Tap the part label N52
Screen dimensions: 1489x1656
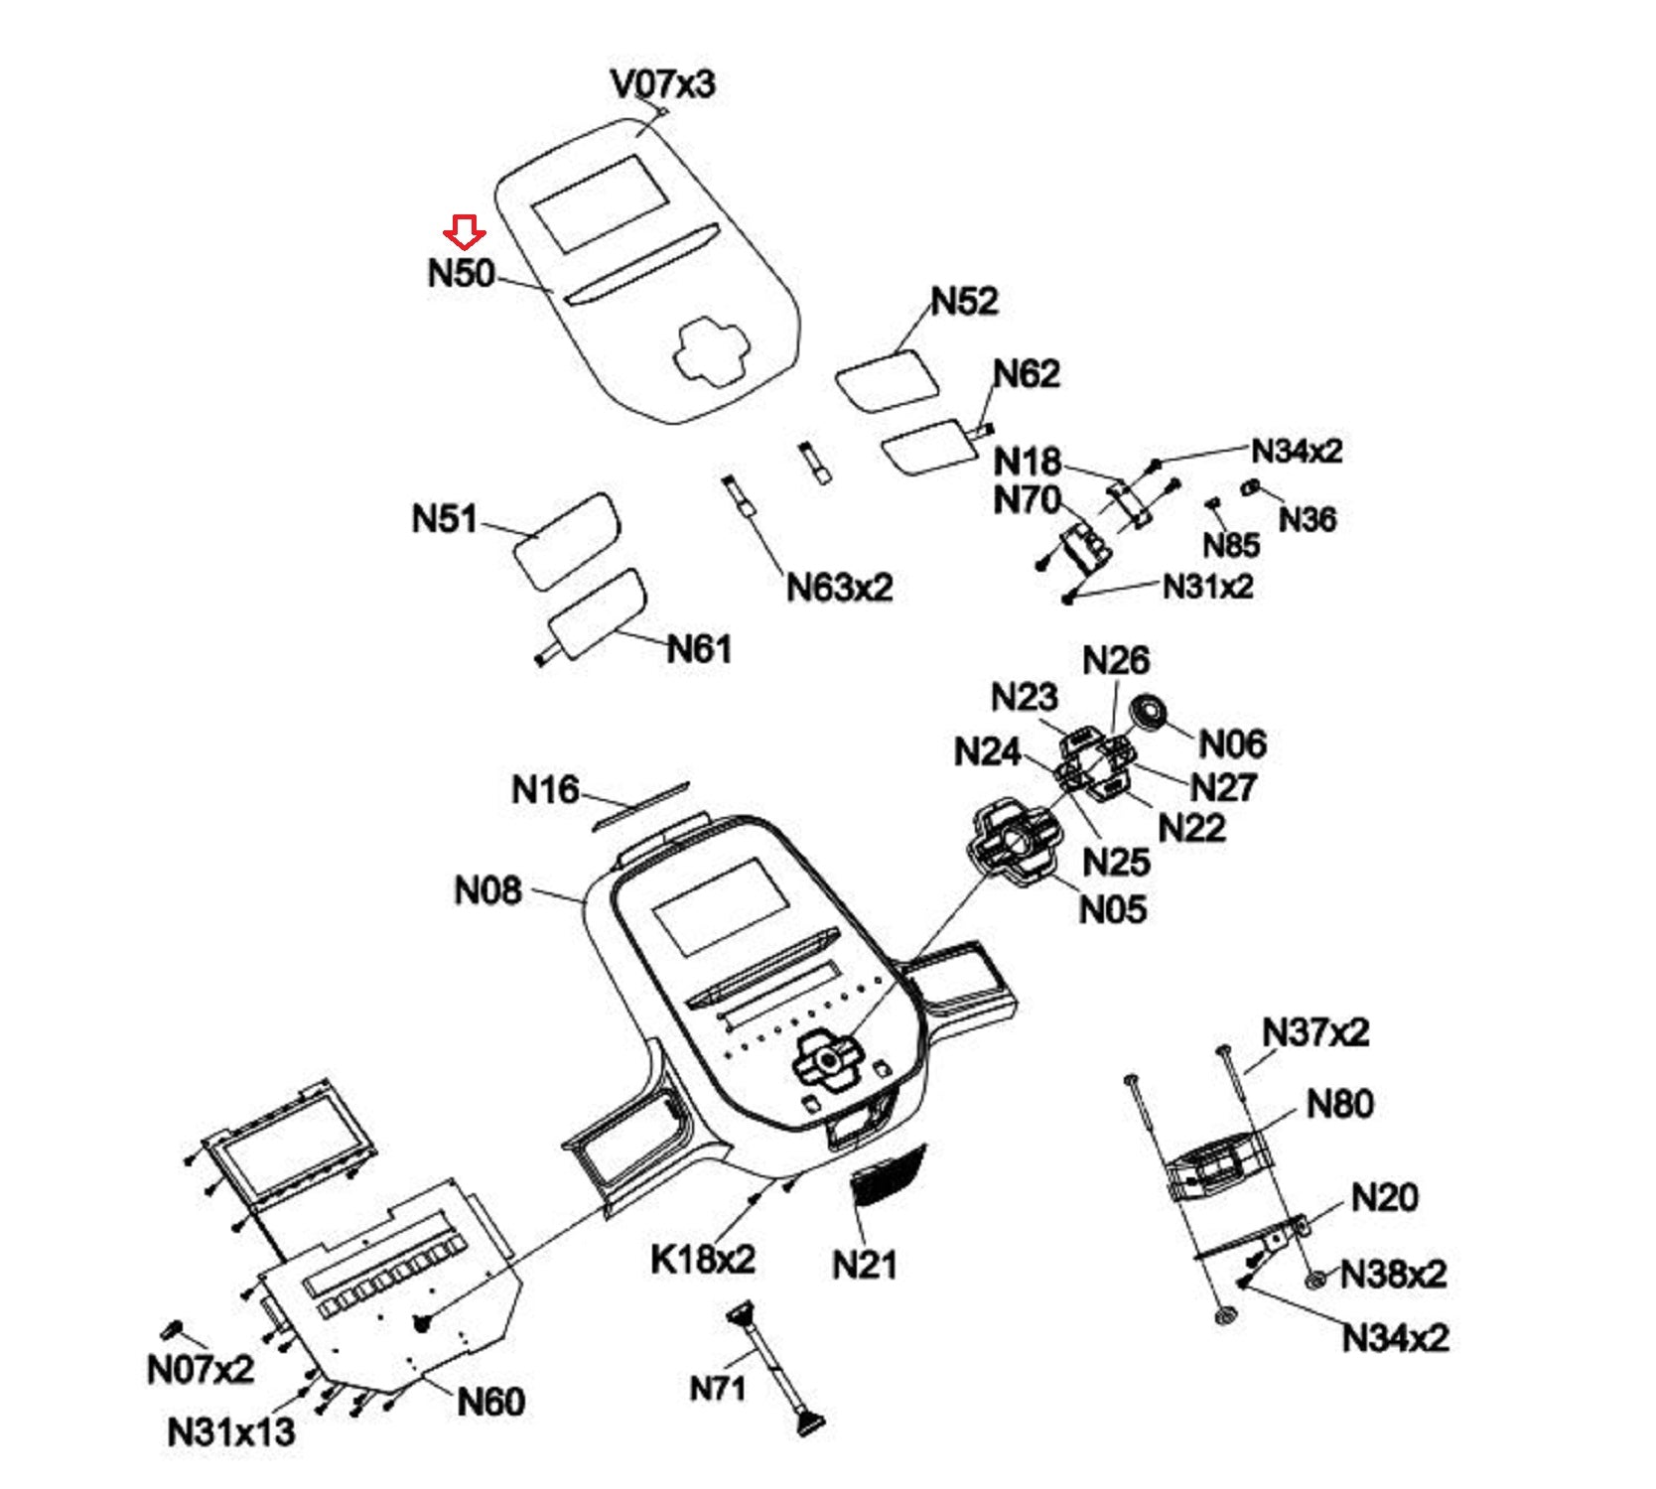(964, 301)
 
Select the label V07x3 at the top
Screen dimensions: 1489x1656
(662, 84)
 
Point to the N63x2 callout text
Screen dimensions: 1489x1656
(839, 588)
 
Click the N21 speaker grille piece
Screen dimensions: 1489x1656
(888, 1174)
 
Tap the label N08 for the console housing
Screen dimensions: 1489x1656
(487, 890)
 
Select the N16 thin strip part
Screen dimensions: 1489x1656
(640, 804)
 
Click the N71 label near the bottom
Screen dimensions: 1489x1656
(717, 1388)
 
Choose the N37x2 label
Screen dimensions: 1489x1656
(1315, 1032)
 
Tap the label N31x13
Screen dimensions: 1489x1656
(231, 1431)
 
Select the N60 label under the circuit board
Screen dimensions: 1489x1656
(490, 1402)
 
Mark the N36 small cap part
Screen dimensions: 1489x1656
(1252, 487)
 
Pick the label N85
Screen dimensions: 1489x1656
(1231, 545)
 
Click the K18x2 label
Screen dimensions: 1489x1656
(703, 1259)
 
